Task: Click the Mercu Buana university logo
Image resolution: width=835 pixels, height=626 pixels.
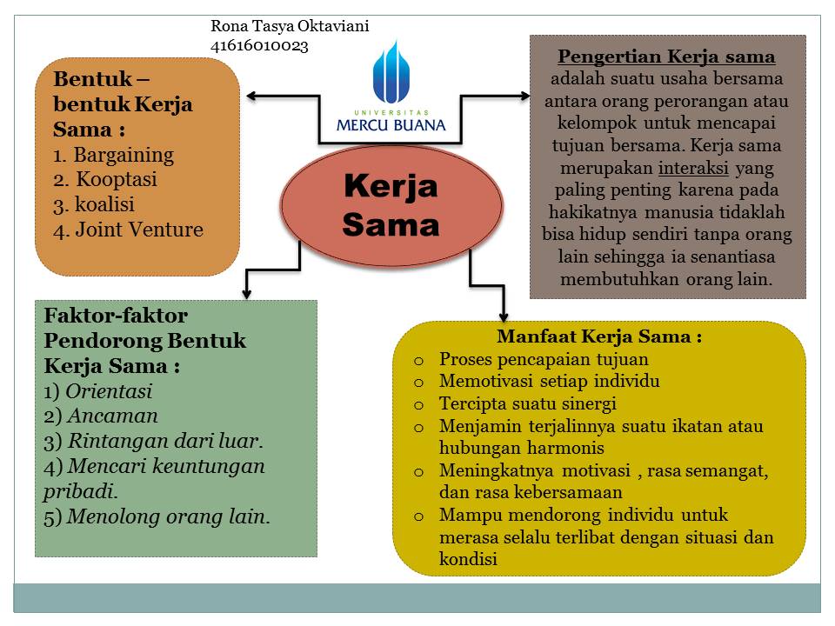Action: (391, 87)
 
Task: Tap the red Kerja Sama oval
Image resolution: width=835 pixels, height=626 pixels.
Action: (391, 205)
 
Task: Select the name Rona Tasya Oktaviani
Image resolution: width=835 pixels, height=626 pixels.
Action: (290, 26)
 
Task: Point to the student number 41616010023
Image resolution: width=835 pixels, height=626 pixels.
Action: (259, 46)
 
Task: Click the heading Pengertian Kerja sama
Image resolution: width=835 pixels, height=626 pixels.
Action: (666, 57)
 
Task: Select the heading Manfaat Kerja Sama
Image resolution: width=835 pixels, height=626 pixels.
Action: (599, 336)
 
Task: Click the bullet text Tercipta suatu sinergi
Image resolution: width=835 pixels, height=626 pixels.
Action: (527, 403)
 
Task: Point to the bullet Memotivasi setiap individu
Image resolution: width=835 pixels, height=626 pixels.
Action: (549, 381)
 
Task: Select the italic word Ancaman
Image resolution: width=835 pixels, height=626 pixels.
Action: (113, 416)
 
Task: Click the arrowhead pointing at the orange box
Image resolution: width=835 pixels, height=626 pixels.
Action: (251, 95)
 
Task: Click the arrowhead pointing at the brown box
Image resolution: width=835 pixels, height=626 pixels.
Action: (524, 95)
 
